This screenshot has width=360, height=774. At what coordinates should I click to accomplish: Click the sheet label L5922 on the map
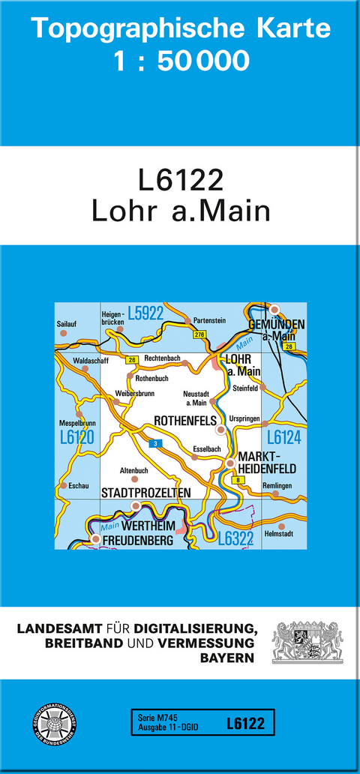pyautogui.click(x=145, y=314)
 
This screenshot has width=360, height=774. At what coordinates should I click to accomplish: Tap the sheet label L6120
pyautogui.click(x=76, y=437)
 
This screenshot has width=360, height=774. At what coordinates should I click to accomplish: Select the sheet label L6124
pyautogui.click(x=283, y=437)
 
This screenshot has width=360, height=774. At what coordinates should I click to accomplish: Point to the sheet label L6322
pyautogui.click(x=236, y=537)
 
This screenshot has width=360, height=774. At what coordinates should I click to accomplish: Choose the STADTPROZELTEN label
pyautogui.click(x=145, y=492)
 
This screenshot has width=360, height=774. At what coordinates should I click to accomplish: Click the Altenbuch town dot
pyautogui.click(x=135, y=478)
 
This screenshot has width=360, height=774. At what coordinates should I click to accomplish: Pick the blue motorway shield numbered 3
pyautogui.click(x=155, y=424)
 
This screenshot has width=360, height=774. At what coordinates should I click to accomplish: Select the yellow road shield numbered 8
pyautogui.click(x=238, y=479)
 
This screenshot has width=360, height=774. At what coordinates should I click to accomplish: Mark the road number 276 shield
pyautogui.click(x=199, y=334)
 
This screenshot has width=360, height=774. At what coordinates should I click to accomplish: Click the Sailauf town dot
pyautogui.click(x=64, y=332)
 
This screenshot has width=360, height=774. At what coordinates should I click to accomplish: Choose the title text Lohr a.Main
pyautogui.click(x=180, y=211)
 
